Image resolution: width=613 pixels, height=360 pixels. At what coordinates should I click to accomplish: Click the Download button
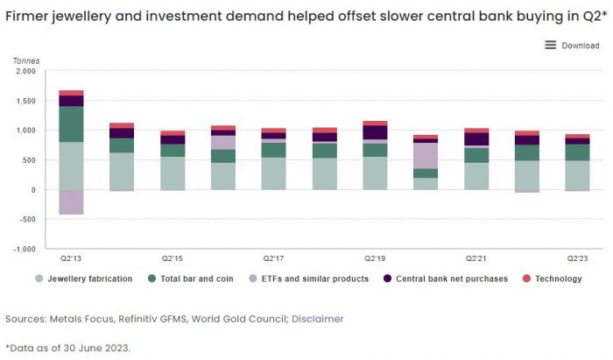click(572, 46)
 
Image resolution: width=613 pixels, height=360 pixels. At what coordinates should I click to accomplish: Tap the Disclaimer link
click(317, 319)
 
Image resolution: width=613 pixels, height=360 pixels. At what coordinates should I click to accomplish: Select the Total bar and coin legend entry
click(195, 279)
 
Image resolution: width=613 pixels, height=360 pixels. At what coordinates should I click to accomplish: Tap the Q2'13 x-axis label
click(71, 258)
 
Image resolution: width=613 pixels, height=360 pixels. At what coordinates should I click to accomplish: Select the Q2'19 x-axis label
click(375, 258)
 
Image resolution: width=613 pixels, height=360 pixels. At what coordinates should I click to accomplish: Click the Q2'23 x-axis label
click(578, 258)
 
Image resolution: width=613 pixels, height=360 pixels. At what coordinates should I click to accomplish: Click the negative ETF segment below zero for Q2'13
click(71, 201)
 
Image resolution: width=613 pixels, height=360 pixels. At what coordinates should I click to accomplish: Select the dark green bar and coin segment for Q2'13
click(71, 124)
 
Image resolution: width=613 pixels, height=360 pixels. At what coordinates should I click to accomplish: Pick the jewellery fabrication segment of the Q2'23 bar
click(578, 175)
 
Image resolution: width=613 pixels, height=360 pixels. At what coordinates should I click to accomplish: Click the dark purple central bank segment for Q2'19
click(375, 132)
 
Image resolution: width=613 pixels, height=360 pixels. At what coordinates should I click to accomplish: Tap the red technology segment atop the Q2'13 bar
click(71, 93)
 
